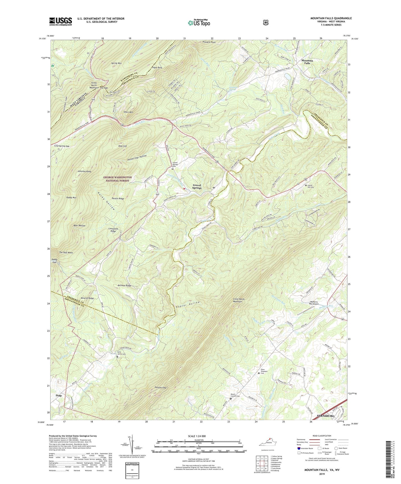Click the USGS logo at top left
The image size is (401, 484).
click(x=60, y=21)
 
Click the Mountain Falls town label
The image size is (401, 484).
click(x=307, y=62)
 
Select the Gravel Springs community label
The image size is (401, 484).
click(x=197, y=186)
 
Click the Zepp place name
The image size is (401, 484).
click(x=59, y=396)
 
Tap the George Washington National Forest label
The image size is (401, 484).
click(x=117, y=179)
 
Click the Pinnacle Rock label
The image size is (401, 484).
click(x=209, y=42)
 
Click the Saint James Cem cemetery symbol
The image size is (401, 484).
click(x=117, y=357)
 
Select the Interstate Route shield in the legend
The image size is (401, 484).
click(x=299, y=448)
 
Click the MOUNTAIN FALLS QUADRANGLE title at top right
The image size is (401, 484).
click(x=331, y=18)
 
